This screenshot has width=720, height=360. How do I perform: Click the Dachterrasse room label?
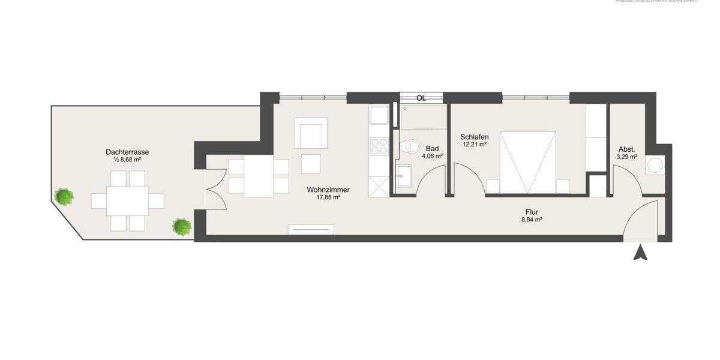pyautogui.click(x=127, y=152)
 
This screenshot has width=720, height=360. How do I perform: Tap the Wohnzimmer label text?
pyautogui.click(x=328, y=190)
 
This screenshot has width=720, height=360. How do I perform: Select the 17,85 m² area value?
pyautogui.click(x=328, y=197)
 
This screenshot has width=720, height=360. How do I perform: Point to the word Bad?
pyautogui.click(x=432, y=148)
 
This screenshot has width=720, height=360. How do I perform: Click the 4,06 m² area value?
pyautogui.click(x=432, y=156)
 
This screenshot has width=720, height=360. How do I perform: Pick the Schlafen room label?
pyautogui.click(x=475, y=137)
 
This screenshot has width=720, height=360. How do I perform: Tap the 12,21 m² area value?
pyautogui.click(x=475, y=145)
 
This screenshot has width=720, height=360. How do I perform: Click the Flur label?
pyautogui.click(x=532, y=212)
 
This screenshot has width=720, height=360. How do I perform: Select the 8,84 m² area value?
pyautogui.click(x=532, y=220)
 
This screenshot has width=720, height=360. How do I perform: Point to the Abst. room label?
pyautogui.click(x=626, y=149)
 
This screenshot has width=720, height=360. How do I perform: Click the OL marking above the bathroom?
pyautogui.click(x=421, y=98)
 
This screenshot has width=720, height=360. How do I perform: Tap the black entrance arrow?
pyautogui.click(x=641, y=253)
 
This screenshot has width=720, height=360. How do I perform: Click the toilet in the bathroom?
pyautogui.click(x=410, y=146)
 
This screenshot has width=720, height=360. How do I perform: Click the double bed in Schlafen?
pyautogui.click(x=527, y=163)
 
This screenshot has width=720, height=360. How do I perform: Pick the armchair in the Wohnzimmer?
pyautogui.click(x=311, y=133)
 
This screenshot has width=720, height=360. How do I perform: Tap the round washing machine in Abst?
pyautogui.click(x=656, y=166)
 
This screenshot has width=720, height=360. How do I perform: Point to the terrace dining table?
pyautogui.click(x=127, y=201)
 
